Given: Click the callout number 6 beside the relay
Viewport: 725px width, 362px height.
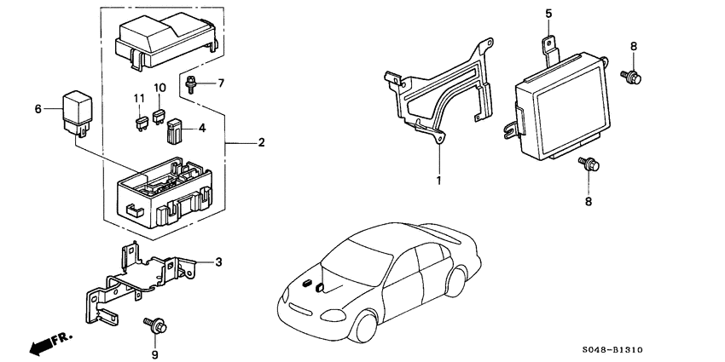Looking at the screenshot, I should tap(38, 109).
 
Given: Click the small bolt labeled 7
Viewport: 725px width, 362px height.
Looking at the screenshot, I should tap(192, 83).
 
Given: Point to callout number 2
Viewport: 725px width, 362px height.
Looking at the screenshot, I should tap(261, 141).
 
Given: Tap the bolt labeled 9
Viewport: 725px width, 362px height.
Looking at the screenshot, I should tap(156, 323).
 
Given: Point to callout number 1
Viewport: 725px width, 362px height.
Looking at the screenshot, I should tap(439, 180).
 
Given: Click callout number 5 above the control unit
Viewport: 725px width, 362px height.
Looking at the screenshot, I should tap(549, 13).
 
